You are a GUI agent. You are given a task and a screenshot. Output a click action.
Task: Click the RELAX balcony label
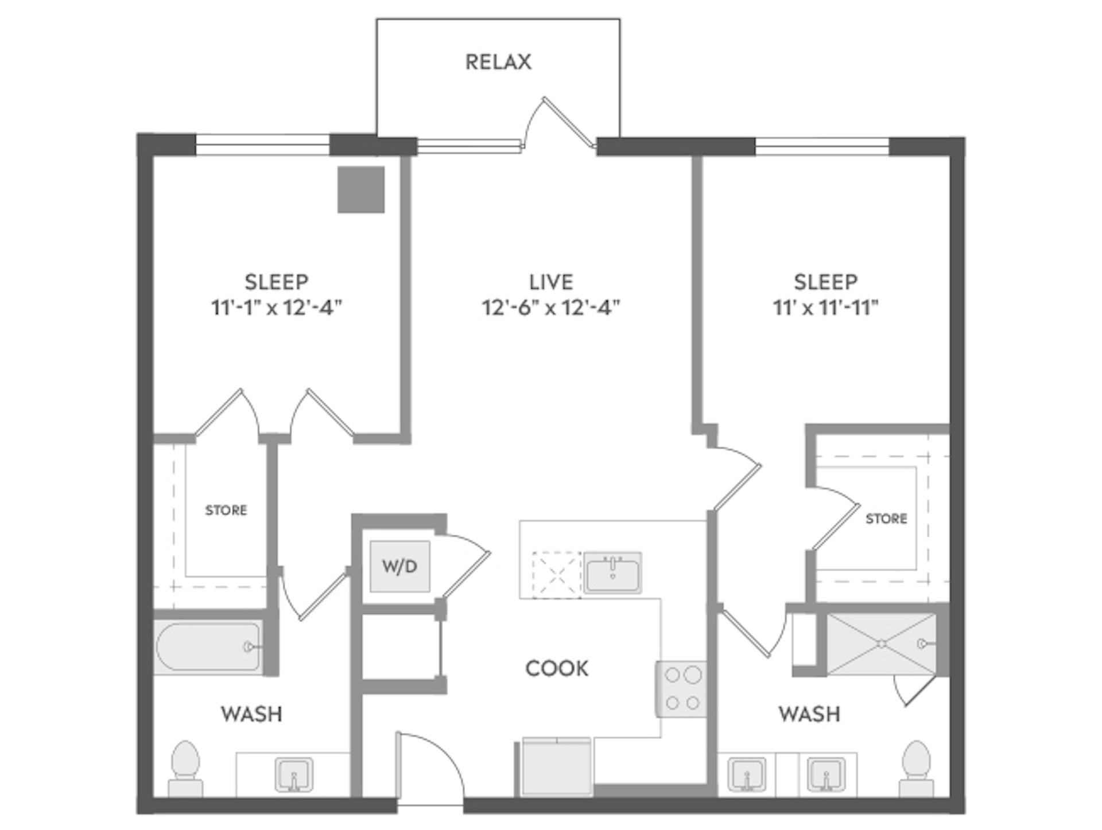click(x=498, y=62)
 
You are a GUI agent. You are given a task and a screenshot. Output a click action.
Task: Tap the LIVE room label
click(x=551, y=282)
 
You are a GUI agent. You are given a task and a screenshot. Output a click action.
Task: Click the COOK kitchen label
click(x=557, y=669)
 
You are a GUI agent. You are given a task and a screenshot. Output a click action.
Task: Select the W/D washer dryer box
click(x=399, y=567)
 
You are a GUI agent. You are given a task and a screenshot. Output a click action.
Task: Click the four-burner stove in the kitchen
click(x=681, y=689)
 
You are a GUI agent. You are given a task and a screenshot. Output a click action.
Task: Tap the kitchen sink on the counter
click(x=612, y=572)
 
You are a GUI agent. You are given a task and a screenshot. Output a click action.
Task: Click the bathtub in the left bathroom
click(x=208, y=646)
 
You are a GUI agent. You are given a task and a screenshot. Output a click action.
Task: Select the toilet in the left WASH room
click(x=185, y=768)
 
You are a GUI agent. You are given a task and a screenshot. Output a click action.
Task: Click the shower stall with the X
click(x=881, y=644)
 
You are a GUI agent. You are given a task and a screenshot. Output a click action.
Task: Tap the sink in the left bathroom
click(x=294, y=774)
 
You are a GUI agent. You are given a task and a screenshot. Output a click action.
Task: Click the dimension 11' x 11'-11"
click(x=825, y=308)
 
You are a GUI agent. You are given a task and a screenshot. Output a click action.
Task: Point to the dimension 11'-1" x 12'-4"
click(x=276, y=308)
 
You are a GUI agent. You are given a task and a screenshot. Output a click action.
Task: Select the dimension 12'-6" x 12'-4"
click(x=551, y=308)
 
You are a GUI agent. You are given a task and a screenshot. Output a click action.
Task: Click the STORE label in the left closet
click(x=226, y=510)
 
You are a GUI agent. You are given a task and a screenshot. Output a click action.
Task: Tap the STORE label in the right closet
click(x=886, y=519)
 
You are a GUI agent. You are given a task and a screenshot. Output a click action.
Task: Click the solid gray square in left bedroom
click(x=360, y=190)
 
